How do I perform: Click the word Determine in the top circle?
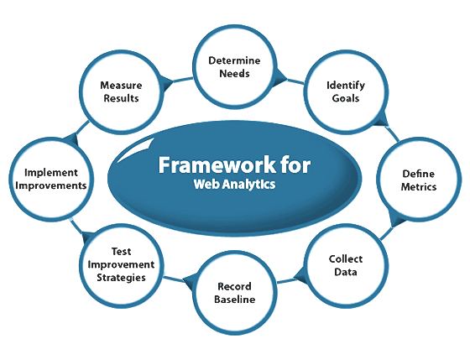[x=234, y=60]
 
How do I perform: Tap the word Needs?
[x=234, y=74]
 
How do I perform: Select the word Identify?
[x=346, y=86]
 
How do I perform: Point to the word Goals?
[x=346, y=98]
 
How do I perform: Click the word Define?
[x=419, y=174]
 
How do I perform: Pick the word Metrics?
[x=419, y=187]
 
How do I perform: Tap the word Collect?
[x=346, y=259]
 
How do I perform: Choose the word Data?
[x=346, y=272]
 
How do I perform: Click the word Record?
[x=234, y=286]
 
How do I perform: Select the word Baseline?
[x=235, y=299]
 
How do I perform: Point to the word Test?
[x=121, y=251]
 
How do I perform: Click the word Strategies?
[x=121, y=277]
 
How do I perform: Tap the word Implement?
[x=51, y=173]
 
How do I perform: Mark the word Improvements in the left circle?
[x=51, y=185]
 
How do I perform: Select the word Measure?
[x=121, y=86]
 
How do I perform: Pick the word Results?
[x=121, y=98]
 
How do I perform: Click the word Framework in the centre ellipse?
[x=217, y=164]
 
